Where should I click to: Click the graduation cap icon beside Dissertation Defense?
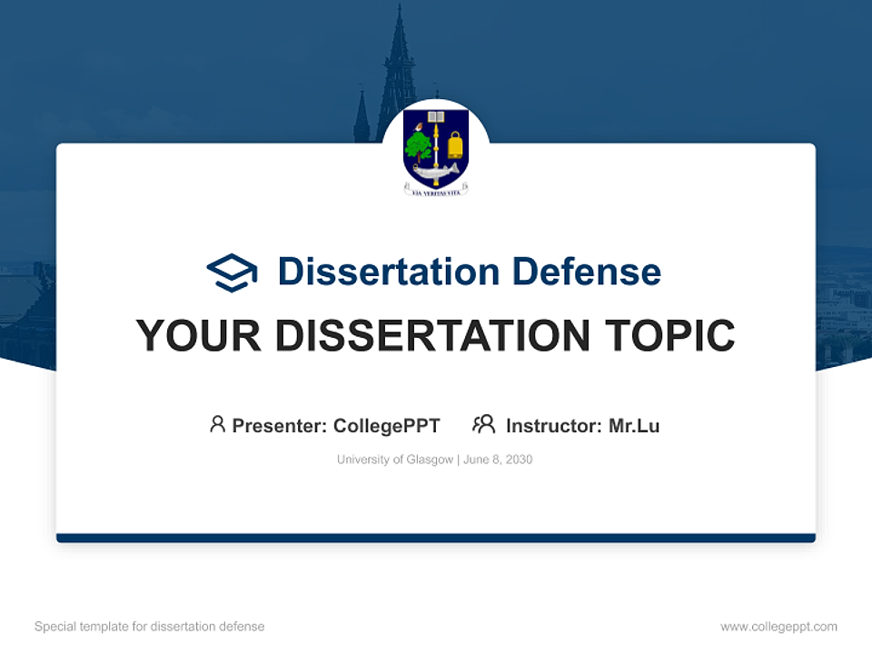[x=232, y=272]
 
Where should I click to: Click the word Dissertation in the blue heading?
[x=388, y=272]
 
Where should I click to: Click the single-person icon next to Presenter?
[x=217, y=424]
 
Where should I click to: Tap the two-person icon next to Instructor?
[x=483, y=424]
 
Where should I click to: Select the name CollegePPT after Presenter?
[x=386, y=425]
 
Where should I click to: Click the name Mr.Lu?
[x=634, y=425]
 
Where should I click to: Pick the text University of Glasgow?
[x=394, y=460]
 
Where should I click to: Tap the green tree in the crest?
[x=419, y=145]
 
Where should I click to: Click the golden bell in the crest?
[x=455, y=144]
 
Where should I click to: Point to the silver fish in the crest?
[x=435, y=168]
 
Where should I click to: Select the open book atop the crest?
[x=436, y=117]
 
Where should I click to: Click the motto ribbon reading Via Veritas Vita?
[x=436, y=192]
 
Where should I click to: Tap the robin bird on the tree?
[x=421, y=129]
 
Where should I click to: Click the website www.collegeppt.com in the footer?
[x=778, y=627]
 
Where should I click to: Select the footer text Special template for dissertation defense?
[x=150, y=627]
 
